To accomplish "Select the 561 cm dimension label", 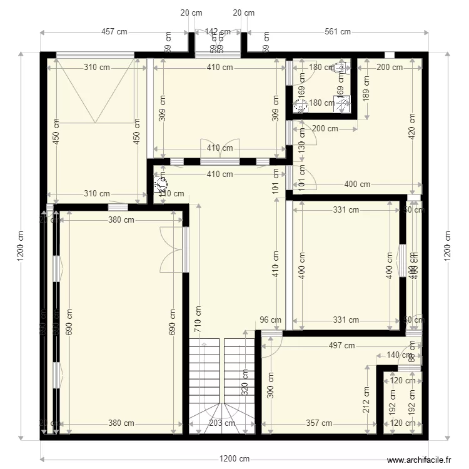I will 337,32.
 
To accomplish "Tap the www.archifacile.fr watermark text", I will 419,460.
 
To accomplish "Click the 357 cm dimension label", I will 319,423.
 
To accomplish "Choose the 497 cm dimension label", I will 341,345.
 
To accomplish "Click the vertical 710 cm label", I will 198,318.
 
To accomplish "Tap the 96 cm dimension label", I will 271,320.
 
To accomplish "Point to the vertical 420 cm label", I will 412,126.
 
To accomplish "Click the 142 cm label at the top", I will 218,32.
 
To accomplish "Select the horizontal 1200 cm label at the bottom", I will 235,459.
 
